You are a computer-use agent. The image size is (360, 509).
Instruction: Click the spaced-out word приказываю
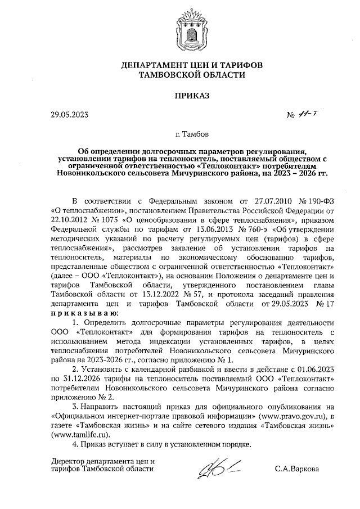click(x=84, y=312)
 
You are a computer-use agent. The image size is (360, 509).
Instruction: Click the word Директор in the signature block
click(x=67, y=461)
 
